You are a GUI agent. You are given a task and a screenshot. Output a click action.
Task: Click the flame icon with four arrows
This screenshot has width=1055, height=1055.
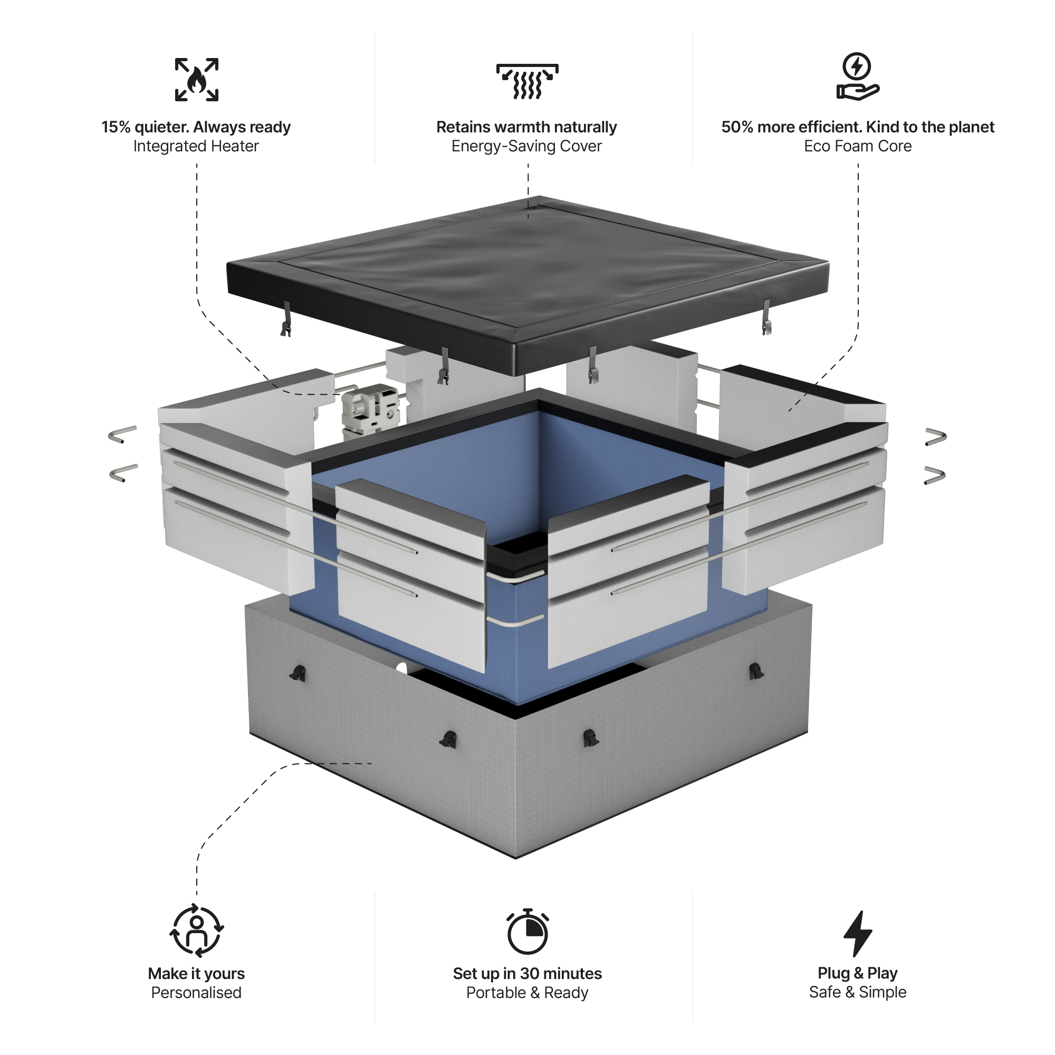(x=197, y=80)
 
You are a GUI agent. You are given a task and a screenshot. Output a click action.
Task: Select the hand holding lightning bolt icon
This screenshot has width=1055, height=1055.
(x=857, y=77)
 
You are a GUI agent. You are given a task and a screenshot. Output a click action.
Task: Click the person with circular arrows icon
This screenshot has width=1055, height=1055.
(x=197, y=932)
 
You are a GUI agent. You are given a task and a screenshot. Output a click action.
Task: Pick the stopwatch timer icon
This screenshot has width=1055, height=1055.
(x=527, y=932)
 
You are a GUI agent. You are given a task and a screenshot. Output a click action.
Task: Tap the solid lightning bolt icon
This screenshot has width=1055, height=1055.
(x=857, y=933)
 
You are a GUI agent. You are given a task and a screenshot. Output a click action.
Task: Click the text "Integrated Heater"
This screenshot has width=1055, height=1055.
(x=196, y=146)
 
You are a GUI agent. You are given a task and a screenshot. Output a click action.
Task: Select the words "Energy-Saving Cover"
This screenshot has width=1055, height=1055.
(x=526, y=146)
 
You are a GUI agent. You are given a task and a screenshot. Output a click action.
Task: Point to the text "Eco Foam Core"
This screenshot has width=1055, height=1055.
(x=857, y=146)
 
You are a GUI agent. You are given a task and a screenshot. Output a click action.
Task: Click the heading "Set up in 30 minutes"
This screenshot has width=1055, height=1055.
(x=527, y=974)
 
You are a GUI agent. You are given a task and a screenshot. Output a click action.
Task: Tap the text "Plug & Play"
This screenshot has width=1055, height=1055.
(x=857, y=973)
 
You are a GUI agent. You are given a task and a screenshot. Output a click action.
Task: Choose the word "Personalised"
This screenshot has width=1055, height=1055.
(x=196, y=993)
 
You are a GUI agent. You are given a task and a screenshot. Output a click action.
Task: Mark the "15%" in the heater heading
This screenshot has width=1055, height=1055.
(x=116, y=127)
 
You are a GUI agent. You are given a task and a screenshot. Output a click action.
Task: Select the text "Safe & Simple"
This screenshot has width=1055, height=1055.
(x=857, y=992)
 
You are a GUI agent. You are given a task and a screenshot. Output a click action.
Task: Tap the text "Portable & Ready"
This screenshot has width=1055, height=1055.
(x=527, y=993)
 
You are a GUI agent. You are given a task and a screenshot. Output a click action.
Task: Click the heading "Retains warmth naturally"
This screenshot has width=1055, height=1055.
(x=526, y=127)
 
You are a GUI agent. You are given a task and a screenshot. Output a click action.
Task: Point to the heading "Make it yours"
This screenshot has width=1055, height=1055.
(x=196, y=974)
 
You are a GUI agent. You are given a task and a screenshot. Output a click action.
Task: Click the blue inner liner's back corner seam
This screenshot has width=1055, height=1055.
(x=539, y=469)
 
